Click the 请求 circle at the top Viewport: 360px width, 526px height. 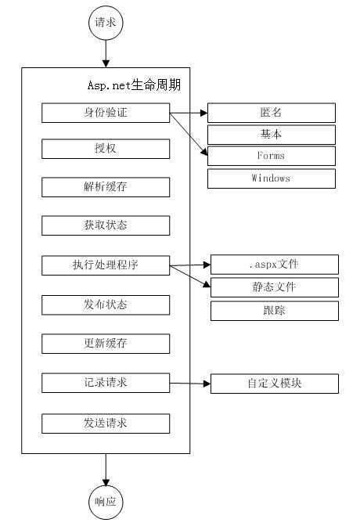[x=105, y=23]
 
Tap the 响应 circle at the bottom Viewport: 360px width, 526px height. [x=105, y=502]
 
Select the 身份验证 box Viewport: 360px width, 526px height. [x=106, y=113]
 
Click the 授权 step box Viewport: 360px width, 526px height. [x=106, y=149]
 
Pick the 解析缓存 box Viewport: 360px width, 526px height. [x=106, y=187]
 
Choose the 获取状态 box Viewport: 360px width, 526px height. [x=106, y=225]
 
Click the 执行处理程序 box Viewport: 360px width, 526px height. [x=106, y=265]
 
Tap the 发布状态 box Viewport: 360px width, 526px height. [x=106, y=304]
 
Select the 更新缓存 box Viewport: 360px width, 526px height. [x=106, y=344]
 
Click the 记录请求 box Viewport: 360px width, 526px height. [x=106, y=383]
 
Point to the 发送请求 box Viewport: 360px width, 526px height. [x=106, y=423]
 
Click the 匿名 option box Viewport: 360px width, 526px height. [x=271, y=113]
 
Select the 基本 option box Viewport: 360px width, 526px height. [x=271, y=134]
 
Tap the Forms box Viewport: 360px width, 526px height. [x=271, y=156]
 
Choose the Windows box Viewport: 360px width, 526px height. [x=271, y=178]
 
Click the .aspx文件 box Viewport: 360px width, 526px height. [x=274, y=264]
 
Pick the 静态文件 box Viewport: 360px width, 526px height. [x=274, y=287]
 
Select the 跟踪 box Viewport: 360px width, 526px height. [x=274, y=311]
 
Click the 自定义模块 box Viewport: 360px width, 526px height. [x=274, y=384]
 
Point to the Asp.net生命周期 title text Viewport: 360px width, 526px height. [x=134, y=84]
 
